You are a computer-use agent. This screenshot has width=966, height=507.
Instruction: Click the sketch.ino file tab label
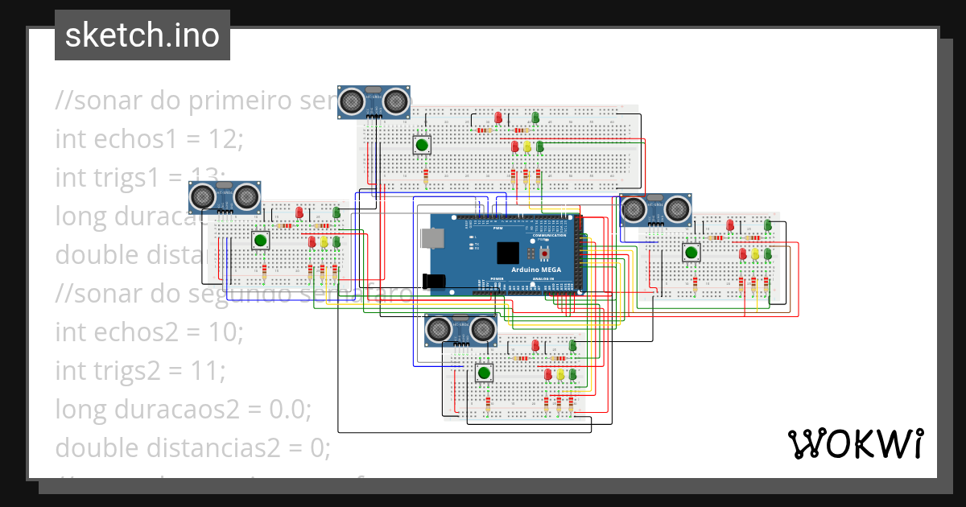point(142,35)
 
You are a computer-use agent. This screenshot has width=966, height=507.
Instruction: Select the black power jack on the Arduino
point(433,280)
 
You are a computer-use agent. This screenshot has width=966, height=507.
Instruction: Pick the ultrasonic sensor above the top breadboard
point(373,101)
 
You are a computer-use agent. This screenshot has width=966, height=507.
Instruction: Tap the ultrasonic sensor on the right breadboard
point(656,210)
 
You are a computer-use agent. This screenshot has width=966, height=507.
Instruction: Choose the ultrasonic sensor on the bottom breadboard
point(460,329)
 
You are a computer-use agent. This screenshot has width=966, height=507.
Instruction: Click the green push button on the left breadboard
point(260,240)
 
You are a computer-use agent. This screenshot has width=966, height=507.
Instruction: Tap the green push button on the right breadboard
point(691,253)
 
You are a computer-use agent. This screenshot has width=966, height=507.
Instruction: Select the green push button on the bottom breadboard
point(484,373)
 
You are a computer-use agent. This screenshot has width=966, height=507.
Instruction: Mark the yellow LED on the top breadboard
point(527,147)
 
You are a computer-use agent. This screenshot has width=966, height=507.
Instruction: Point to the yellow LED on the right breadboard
point(755,254)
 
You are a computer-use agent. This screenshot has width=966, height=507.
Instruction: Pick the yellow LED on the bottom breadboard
point(560,374)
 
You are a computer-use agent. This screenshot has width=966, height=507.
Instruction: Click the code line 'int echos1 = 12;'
point(149,139)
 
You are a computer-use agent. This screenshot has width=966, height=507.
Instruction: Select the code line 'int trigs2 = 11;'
point(140,371)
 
